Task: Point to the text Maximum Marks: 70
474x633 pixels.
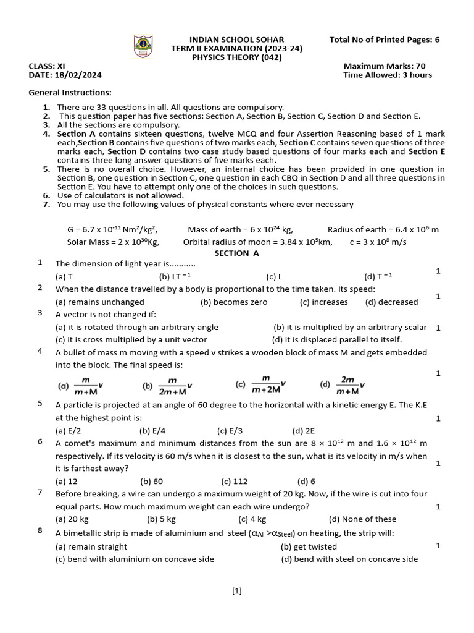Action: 384,66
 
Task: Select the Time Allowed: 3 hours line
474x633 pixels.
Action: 387,75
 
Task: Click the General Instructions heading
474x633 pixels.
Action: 70,93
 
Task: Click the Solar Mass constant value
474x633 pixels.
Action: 113,242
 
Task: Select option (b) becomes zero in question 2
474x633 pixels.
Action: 234,302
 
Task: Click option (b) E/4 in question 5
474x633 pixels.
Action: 152,431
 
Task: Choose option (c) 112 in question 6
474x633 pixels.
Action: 234,481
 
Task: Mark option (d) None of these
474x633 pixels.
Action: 362,519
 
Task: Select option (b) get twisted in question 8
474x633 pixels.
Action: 309,546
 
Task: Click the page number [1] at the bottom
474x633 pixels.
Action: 237,591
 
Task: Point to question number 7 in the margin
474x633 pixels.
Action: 40,492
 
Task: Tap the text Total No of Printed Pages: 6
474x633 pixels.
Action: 385,40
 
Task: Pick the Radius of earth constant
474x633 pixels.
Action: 383,229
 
